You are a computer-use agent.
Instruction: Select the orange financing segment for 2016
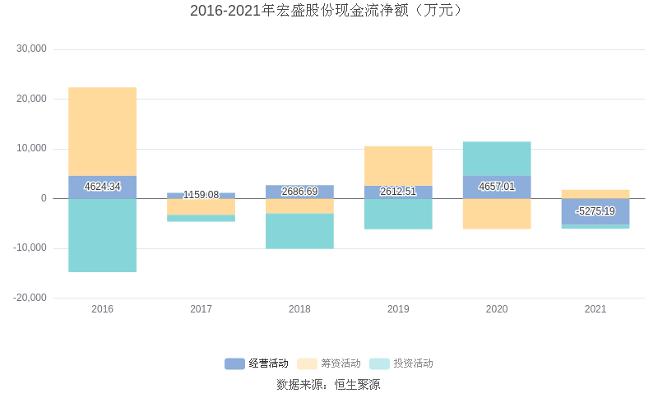102,132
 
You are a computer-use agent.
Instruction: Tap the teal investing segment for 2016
102,235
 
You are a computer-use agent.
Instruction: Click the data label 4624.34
102,187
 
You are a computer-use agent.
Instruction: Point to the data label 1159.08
201,195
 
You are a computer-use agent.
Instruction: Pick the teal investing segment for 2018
299,231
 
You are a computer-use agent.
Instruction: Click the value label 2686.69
299,192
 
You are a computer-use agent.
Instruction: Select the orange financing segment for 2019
398,165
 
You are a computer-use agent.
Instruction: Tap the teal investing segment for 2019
398,214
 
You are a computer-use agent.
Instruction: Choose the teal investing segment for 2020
497,159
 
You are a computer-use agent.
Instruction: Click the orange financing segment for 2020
497,214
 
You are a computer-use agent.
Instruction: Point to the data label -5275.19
595,211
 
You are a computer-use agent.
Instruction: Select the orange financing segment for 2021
595,194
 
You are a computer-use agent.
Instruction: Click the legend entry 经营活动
257,363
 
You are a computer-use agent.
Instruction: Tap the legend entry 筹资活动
329,363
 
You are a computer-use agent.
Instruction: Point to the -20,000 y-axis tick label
30,298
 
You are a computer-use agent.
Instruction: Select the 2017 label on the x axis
201,309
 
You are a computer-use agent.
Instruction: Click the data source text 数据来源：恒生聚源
328,385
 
